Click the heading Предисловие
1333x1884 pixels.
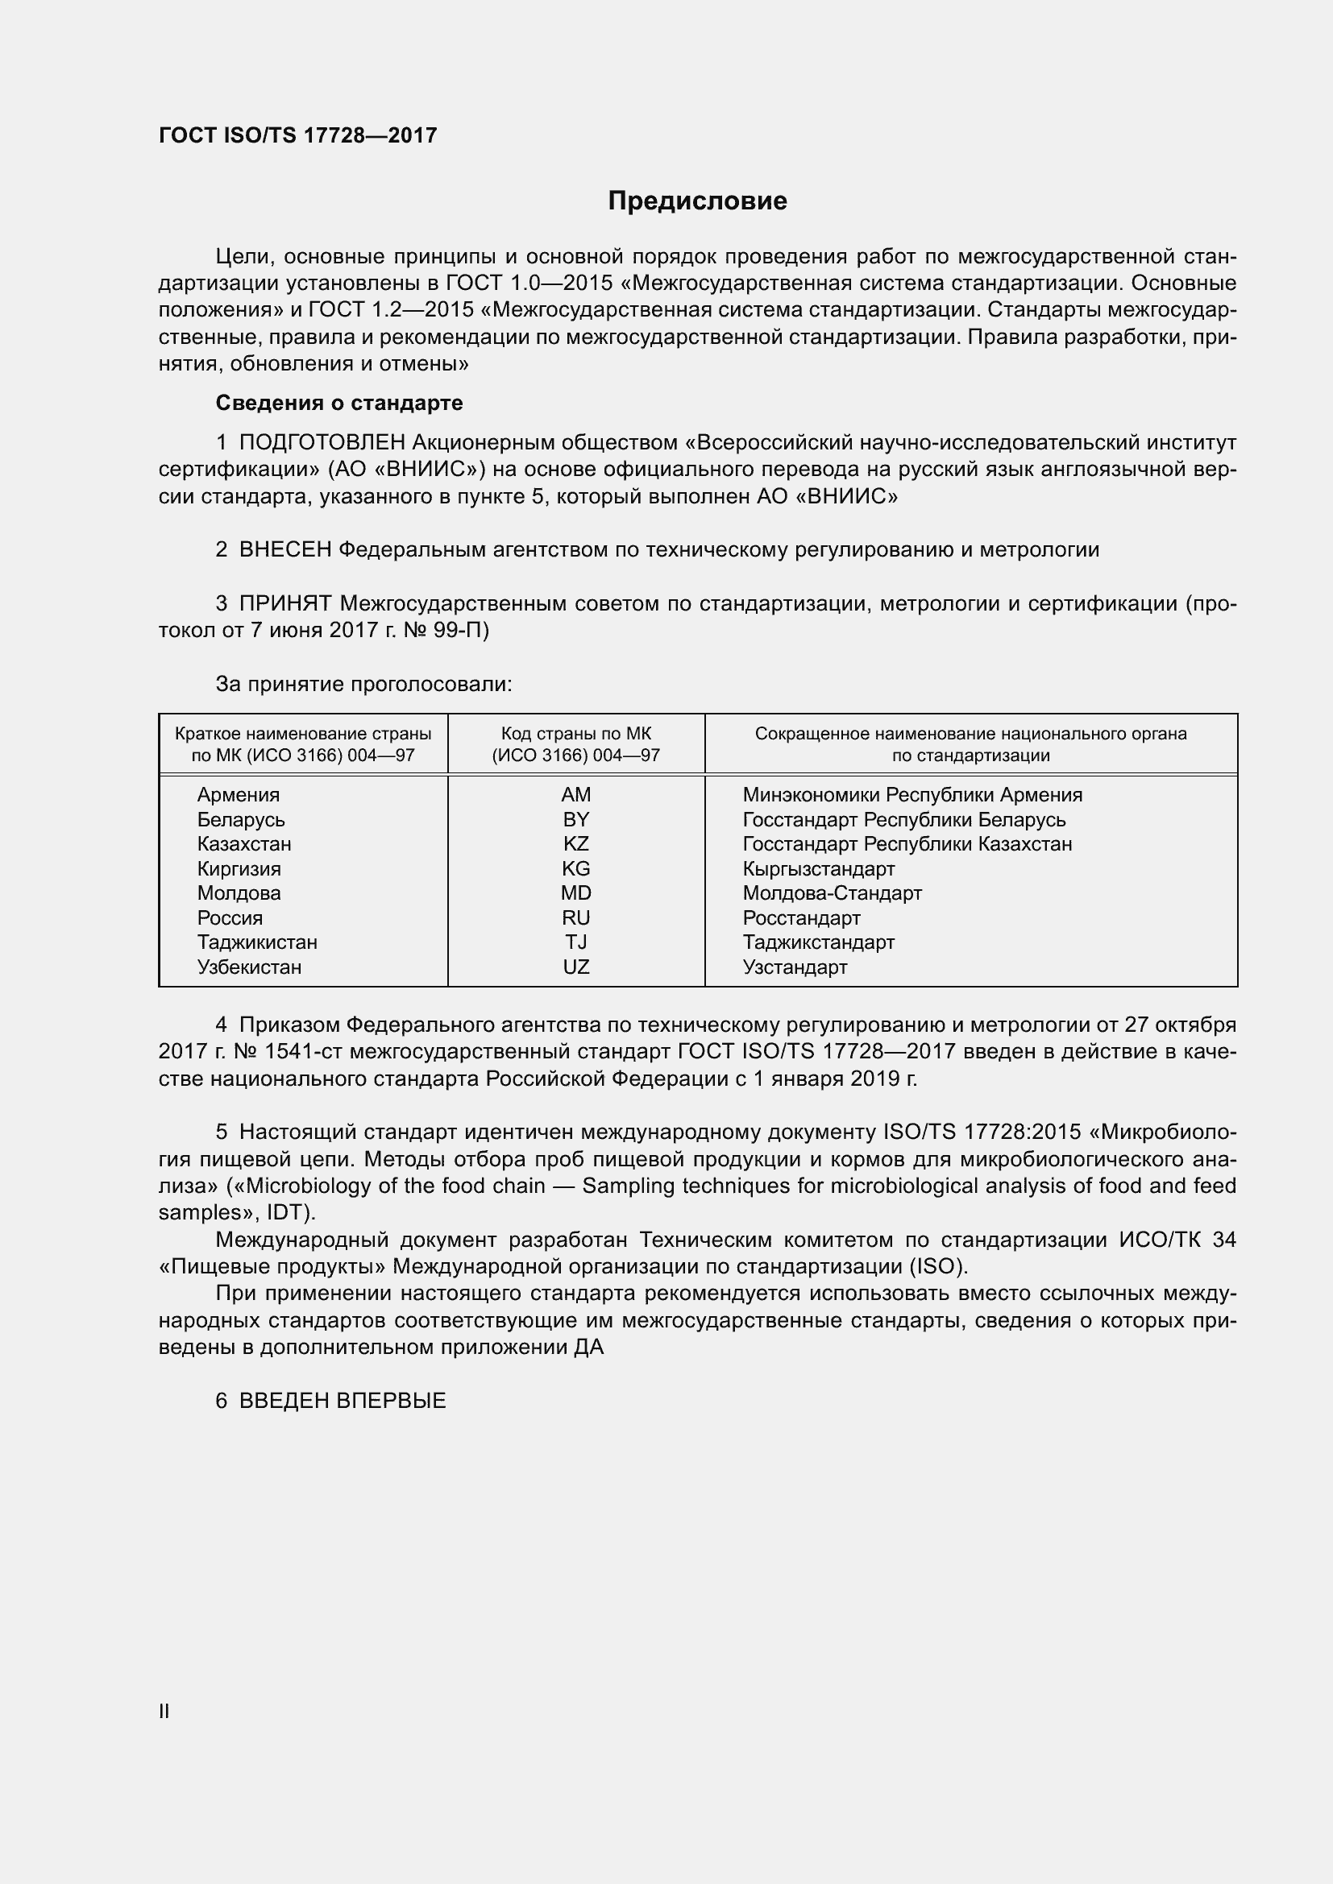click(697, 201)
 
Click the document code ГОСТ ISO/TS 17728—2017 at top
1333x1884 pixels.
click(298, 135)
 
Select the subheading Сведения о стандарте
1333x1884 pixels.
click(339, 403)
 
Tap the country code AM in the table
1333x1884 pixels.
click(575, 794)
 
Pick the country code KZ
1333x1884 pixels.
click(575, 843)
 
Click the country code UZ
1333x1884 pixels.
click(575, 967)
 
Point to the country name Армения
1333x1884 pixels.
click(238, 794)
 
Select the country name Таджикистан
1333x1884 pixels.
click(257, 942)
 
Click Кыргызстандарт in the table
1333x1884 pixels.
click(818, 868)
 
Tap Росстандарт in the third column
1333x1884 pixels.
click(801, 917)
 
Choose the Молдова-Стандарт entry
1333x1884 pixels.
click(832, 892)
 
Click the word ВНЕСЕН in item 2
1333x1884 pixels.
click(284, 550)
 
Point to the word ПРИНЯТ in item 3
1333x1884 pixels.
click(284, 604)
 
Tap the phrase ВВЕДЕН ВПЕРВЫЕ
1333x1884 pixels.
click(343, 1401)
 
